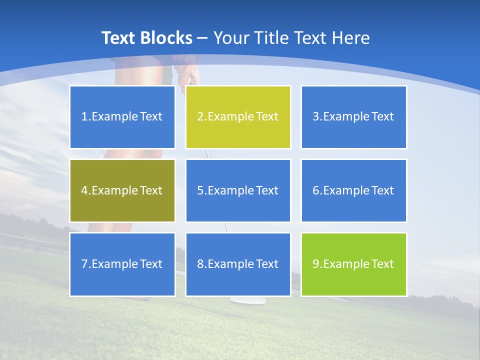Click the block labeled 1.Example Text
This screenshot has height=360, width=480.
[122, 117]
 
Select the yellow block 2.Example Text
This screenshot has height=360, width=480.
[238, 117]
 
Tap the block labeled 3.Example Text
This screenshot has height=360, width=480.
[353, 117]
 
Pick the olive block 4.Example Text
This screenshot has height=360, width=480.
[122, 190]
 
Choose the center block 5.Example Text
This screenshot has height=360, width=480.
[238, 190]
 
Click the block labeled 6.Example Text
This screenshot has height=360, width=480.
[353, 190]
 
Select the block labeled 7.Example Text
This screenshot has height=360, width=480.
[122, 264]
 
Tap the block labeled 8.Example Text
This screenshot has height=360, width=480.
[238, 264]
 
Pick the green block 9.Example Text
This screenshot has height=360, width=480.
[353, 264]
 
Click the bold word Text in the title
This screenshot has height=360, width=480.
[118, 38]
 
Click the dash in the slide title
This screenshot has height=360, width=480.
[202, 38]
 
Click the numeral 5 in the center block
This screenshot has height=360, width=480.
[200, 190]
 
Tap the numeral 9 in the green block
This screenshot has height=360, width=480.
[316, 264]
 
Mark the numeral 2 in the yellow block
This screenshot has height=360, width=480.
[200, 117]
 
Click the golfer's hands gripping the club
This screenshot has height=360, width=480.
[189, 74]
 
